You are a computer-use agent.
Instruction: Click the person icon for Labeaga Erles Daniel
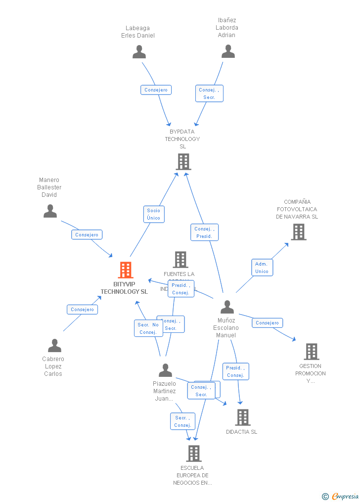[x=139, y=52]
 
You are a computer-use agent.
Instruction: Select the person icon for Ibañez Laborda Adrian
[x=228, y=51]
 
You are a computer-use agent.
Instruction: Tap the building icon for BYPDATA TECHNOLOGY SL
[x=183, y=162]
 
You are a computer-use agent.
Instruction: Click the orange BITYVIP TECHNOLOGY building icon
[x=126, y=270]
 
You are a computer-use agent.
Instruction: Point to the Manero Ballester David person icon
[x=50, y=211]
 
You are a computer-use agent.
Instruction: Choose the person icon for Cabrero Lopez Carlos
[x=54, y=345]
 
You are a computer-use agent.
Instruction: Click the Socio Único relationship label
[x=154, y=214]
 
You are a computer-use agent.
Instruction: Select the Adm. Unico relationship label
[x=262, y=268]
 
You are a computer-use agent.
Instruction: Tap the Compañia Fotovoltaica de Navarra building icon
[x=298, y=231]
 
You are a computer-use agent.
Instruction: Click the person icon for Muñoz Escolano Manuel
[x=227, y=307]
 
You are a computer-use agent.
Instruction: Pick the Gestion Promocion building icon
[x=311, y=352]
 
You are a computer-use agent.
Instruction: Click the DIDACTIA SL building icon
[x=242, y=417]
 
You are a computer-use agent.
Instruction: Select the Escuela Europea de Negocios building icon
[x=193, y=453]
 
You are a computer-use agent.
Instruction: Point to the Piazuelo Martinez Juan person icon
[x=165, y=370]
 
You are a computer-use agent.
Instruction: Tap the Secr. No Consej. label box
[x=148, y=328]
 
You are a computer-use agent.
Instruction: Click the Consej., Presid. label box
[x=204, y=232]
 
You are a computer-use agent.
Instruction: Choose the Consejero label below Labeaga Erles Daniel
[x=156, y=90]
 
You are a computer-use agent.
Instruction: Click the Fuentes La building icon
[x=180, y=260]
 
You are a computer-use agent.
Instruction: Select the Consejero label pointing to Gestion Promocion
[x=268, y=323]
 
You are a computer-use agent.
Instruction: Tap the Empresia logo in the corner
[x=341, y=496]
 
